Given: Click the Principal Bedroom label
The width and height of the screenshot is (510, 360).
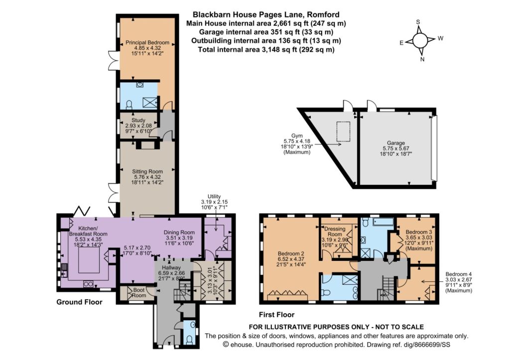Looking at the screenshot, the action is [147, 43].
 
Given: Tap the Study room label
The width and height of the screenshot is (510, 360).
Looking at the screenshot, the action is [138, 120].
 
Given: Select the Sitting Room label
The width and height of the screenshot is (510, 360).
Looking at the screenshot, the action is [147, 171].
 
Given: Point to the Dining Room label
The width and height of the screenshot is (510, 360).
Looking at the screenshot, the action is [179, 232].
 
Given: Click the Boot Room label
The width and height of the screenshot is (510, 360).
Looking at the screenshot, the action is [139, 293].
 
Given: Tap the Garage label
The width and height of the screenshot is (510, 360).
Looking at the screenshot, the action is [396, 143].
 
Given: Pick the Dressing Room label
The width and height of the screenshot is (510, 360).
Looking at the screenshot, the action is [335, 232].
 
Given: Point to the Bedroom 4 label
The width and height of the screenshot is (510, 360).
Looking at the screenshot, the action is [459, 274].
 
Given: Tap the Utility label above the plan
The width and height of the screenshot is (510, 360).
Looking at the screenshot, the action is [214, 196].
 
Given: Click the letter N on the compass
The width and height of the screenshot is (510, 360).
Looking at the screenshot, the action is [422, 59].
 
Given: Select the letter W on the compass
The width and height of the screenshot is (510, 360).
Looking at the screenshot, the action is [440, 38].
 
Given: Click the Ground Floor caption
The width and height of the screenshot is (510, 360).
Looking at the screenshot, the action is [79, 302].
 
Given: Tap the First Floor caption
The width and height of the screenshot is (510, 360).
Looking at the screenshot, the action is [276, 315].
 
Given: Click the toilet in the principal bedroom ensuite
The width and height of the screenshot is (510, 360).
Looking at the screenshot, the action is [129, 105].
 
